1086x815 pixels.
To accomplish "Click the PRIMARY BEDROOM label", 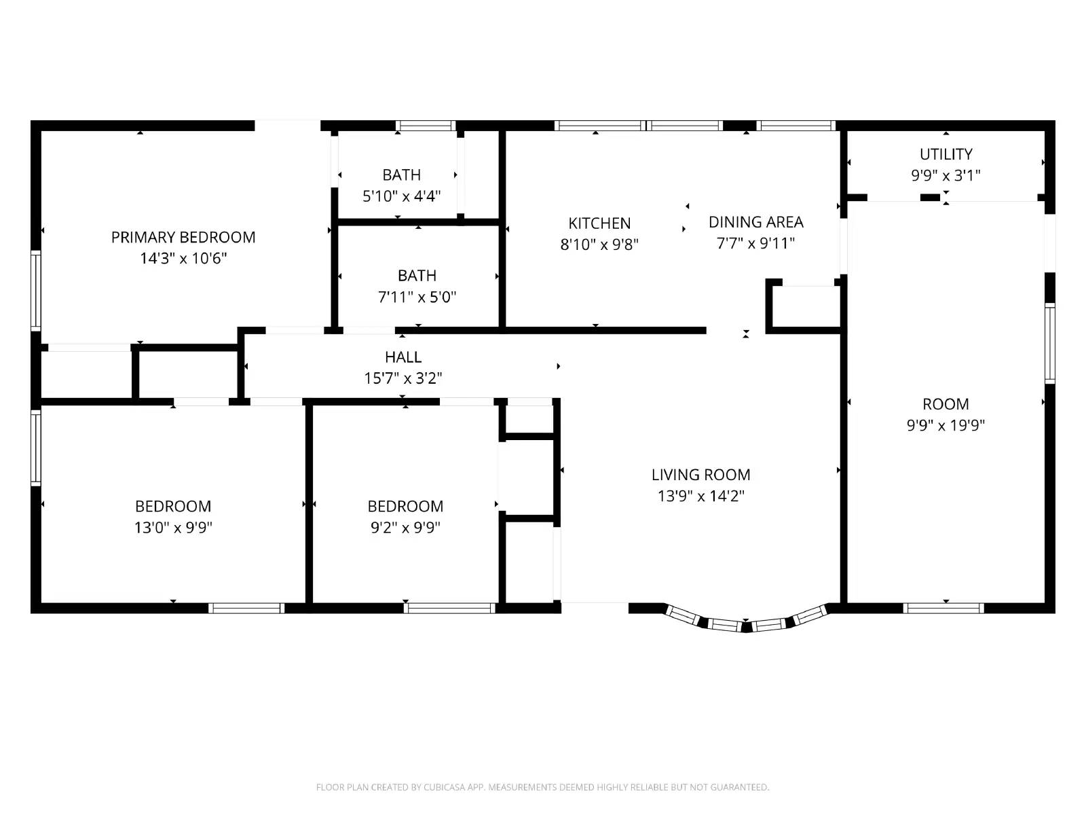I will [x=183, y=237].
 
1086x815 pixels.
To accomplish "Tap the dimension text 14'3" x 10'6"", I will [x=183, y=258].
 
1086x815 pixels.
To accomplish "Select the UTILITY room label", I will [x=945, y=154].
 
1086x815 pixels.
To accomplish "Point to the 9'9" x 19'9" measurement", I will [x=945, y=425].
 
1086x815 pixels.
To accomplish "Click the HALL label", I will [x=403, y=357].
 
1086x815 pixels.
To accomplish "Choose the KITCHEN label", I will [x=599, y=223].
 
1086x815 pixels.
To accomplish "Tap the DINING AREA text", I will [x=755, y=222].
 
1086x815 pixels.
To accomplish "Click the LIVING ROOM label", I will [x=700, y=475].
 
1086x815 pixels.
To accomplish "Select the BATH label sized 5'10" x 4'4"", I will [x=401, y=175].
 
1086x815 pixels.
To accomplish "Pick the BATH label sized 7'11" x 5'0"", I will [x=417, y=276].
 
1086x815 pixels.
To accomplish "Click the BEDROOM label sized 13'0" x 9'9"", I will [x=173, y=506].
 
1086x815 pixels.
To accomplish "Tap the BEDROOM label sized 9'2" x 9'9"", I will [x=405, y=506].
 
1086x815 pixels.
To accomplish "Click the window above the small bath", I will [x=426, y=126].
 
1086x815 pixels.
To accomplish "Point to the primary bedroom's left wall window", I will [x=36, y=291].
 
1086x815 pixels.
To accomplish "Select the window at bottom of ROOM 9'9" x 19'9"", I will [x=943, y=608].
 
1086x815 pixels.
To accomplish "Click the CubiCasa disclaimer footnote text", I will [x=542, y=787].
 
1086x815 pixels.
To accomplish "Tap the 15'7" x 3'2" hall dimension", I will [x=403, y=378].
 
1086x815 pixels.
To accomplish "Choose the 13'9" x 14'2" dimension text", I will [x=700, y=496].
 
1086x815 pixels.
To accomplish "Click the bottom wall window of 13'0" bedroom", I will [x=246, y=608].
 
